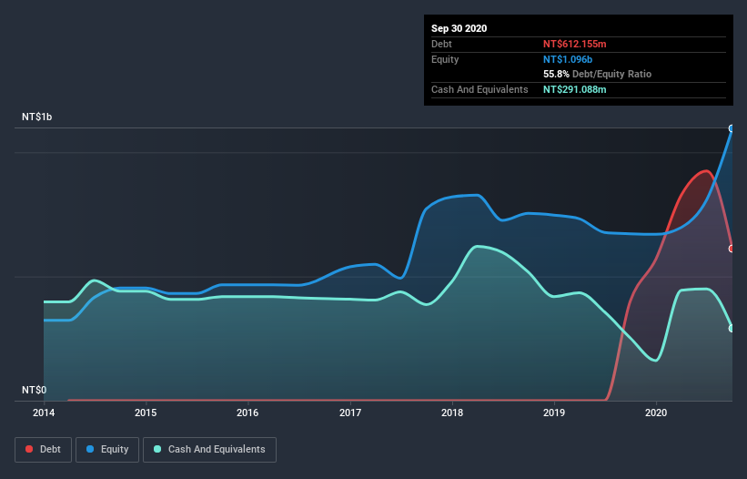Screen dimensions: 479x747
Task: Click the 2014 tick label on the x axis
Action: point(44,413)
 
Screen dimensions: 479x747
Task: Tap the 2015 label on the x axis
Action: point(146,413)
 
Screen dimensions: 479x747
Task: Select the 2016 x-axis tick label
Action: point(247,413)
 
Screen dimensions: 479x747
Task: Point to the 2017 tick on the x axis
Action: point(349,413)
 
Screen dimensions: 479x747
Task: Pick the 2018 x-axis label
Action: point(451,413)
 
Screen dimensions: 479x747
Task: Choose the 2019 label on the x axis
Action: point(553,413)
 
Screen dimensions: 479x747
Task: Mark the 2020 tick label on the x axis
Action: point(655,413)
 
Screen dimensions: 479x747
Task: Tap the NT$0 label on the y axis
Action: point(34,390)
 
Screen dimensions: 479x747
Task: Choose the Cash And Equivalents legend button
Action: point(209,449)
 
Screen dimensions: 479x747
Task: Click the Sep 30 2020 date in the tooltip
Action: point(459,28)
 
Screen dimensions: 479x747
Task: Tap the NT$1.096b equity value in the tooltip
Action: point(569,59)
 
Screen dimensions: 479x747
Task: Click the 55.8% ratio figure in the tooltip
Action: point(556,74)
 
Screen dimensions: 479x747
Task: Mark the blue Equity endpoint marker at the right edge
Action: point(732,128)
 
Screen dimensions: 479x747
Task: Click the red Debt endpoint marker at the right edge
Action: point(732,248)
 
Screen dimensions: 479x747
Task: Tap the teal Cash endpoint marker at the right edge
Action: point(732,328)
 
